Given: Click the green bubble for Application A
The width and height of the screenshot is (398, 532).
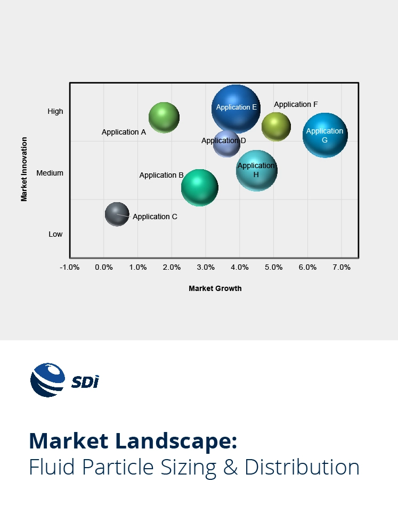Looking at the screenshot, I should (164, 117).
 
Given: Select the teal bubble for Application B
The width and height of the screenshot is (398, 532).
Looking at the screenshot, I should (200, 187).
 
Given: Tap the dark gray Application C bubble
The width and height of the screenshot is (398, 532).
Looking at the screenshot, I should (117, 214).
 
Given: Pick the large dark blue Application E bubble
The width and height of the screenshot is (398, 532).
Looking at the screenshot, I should (235, 109).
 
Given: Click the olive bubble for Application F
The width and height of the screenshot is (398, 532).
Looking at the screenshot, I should (276, 127).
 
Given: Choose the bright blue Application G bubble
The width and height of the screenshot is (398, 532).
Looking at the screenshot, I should (325, 135).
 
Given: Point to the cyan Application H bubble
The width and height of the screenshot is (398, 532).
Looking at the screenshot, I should (256, 170).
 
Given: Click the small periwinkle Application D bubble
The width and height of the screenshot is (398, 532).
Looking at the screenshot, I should (226, 143).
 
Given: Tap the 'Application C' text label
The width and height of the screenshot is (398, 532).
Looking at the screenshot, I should (155, 217).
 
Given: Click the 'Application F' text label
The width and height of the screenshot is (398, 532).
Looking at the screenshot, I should (296, 104).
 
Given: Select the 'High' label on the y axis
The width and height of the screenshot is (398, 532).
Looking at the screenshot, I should (55, 111).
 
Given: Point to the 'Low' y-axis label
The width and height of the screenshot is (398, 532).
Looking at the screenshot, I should (55, 234).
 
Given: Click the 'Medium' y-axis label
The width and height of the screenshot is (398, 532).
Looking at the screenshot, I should (50, 173).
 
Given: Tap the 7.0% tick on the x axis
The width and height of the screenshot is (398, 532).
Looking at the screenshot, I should (342, 267).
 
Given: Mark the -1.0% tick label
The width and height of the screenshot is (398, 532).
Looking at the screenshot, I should (69, 267).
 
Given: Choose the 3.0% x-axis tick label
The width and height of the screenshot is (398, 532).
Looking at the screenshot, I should (206, 267).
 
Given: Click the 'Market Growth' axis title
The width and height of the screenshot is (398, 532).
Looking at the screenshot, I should (215, 288).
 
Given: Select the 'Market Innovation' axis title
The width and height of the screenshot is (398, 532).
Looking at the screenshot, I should (24, 169).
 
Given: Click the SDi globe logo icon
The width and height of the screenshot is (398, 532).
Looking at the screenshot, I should (47, 380).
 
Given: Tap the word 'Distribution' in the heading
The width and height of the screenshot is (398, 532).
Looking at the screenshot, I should (302, 467).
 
